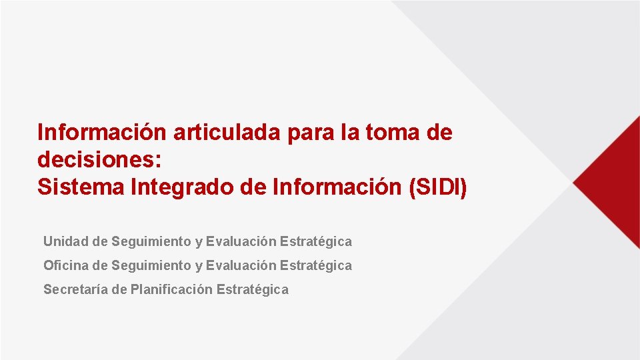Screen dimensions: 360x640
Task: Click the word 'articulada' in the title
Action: click(227, 133)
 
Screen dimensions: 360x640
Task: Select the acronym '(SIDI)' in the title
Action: click(437, 187)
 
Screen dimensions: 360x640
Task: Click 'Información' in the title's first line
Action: click(102, 133)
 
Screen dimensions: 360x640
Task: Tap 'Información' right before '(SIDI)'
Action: click(337, 187)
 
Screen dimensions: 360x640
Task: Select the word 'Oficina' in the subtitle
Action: click(66, 265)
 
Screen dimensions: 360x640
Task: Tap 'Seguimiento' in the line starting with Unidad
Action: click(151, 241)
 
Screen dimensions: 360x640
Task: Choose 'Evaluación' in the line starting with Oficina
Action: click(241, 265)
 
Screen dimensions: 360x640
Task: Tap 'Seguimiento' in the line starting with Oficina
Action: click(151, 265)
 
